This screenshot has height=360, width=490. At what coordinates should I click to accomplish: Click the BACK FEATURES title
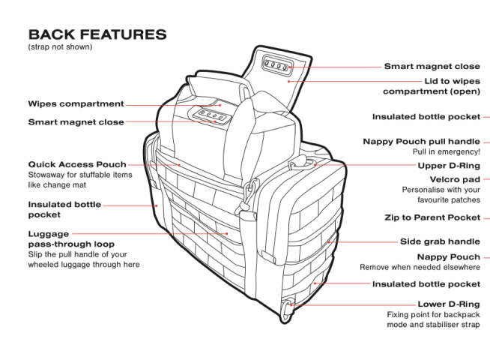tap(97, 35)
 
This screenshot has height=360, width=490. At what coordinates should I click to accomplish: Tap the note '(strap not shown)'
tap(60, 47)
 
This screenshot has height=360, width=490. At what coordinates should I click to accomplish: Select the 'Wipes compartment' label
tap(75, 104)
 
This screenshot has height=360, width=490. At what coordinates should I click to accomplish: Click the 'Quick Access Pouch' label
tap(77, 164)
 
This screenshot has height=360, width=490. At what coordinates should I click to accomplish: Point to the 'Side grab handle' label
tap(440, 242)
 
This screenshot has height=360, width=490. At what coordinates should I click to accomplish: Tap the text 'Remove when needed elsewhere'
tap(420, 267)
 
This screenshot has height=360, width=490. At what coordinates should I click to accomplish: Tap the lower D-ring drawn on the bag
tap(288, 307)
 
